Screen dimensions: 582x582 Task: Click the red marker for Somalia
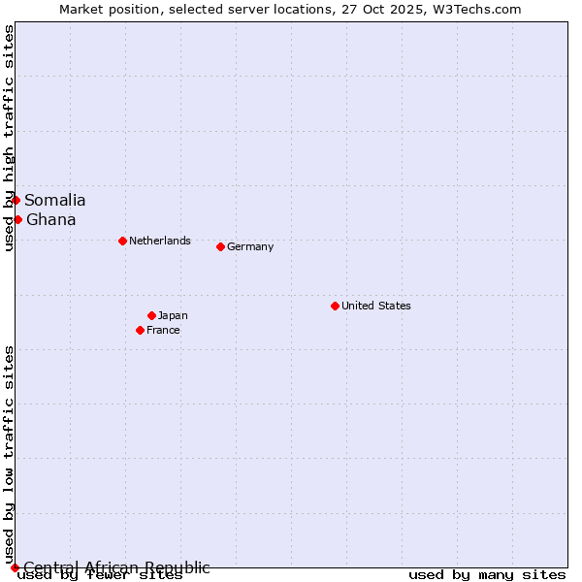pyautogui.click(x=16, y=200)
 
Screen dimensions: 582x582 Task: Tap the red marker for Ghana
pyautogui.click(x=17, y=219)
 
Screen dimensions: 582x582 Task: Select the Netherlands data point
pyautogui.click(x=122, y=241)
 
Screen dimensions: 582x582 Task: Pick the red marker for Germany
pyautogui.click(x=220, y=246)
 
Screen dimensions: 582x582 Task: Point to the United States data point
pyautogui.click(x=335, y=306)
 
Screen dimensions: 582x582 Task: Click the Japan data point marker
pyautogui.click(x=151, y=315)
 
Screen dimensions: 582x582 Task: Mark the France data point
pyautogui.click(x=140, y=330)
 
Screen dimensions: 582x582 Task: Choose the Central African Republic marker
pyautogui.click(x=15, y=567)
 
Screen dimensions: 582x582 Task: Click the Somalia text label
pyautogui.click(x=55, y=200)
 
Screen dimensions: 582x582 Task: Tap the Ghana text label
pyautogui.click(x=51, y=219)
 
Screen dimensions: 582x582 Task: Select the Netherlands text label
pyautogui.click(x=160, y=241)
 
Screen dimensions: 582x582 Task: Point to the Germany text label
pyautogui.click(x=250, y=246)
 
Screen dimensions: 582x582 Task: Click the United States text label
pyautogui.click(x=376, y=306)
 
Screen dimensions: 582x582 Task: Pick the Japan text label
pyautogui.click(x=173, y=315)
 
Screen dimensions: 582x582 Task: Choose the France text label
pyautogui.click(x=163, y=330)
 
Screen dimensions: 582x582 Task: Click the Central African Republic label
pyautogui.click(x=116, y=567)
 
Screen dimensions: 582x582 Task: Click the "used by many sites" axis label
pyautogui.click(x=487, y=575)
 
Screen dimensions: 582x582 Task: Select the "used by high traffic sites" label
pyautogui.click(x=9, y=138)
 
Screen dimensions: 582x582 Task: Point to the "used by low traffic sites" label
pyautogui.click(x=9, y=454)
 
